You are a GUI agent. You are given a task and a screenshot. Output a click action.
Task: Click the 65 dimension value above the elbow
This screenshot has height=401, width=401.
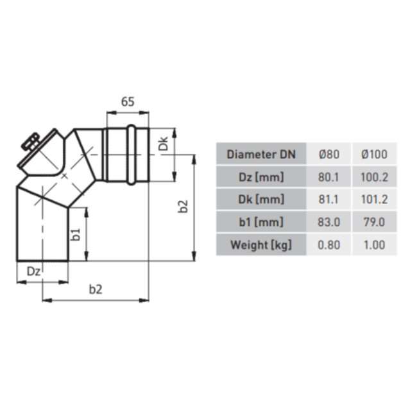(128, 101)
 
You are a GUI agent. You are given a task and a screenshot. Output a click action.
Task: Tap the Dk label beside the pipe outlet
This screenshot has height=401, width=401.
(163, 144)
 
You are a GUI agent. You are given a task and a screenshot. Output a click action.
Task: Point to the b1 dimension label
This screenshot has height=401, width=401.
(76, 235)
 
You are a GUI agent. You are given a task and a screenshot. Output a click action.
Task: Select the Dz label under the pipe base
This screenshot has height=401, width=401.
(33, 271)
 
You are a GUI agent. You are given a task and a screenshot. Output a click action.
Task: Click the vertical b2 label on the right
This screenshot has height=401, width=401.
(183, 207)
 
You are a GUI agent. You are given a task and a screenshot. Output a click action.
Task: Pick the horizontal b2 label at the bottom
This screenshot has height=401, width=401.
(96, 289)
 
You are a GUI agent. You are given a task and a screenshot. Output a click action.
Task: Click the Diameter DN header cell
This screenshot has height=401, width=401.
(261, 154)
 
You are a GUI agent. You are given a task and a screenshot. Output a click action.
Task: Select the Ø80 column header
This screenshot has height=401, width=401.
(329, 154)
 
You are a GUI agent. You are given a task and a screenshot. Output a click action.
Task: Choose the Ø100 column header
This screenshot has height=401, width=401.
(374, 154)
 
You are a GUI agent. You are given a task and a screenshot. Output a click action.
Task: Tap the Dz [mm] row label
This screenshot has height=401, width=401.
(261, 177)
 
